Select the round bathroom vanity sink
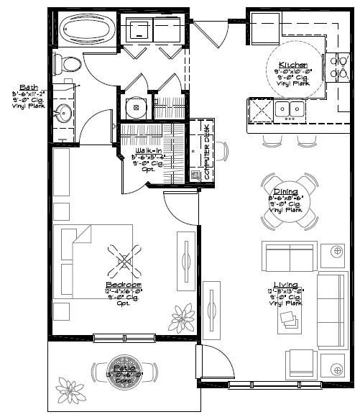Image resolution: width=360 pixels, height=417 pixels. tap(63, 113)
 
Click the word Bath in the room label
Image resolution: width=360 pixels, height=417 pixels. tap(29, 86)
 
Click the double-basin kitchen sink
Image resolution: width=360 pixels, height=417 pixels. tap(291, 109)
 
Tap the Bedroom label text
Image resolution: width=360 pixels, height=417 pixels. tap(124, 285)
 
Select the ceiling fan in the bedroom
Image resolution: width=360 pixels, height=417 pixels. tap(124, 260)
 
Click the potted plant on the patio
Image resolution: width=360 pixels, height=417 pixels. tap(70, 391)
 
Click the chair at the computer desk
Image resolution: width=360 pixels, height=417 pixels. tap(222, 152)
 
